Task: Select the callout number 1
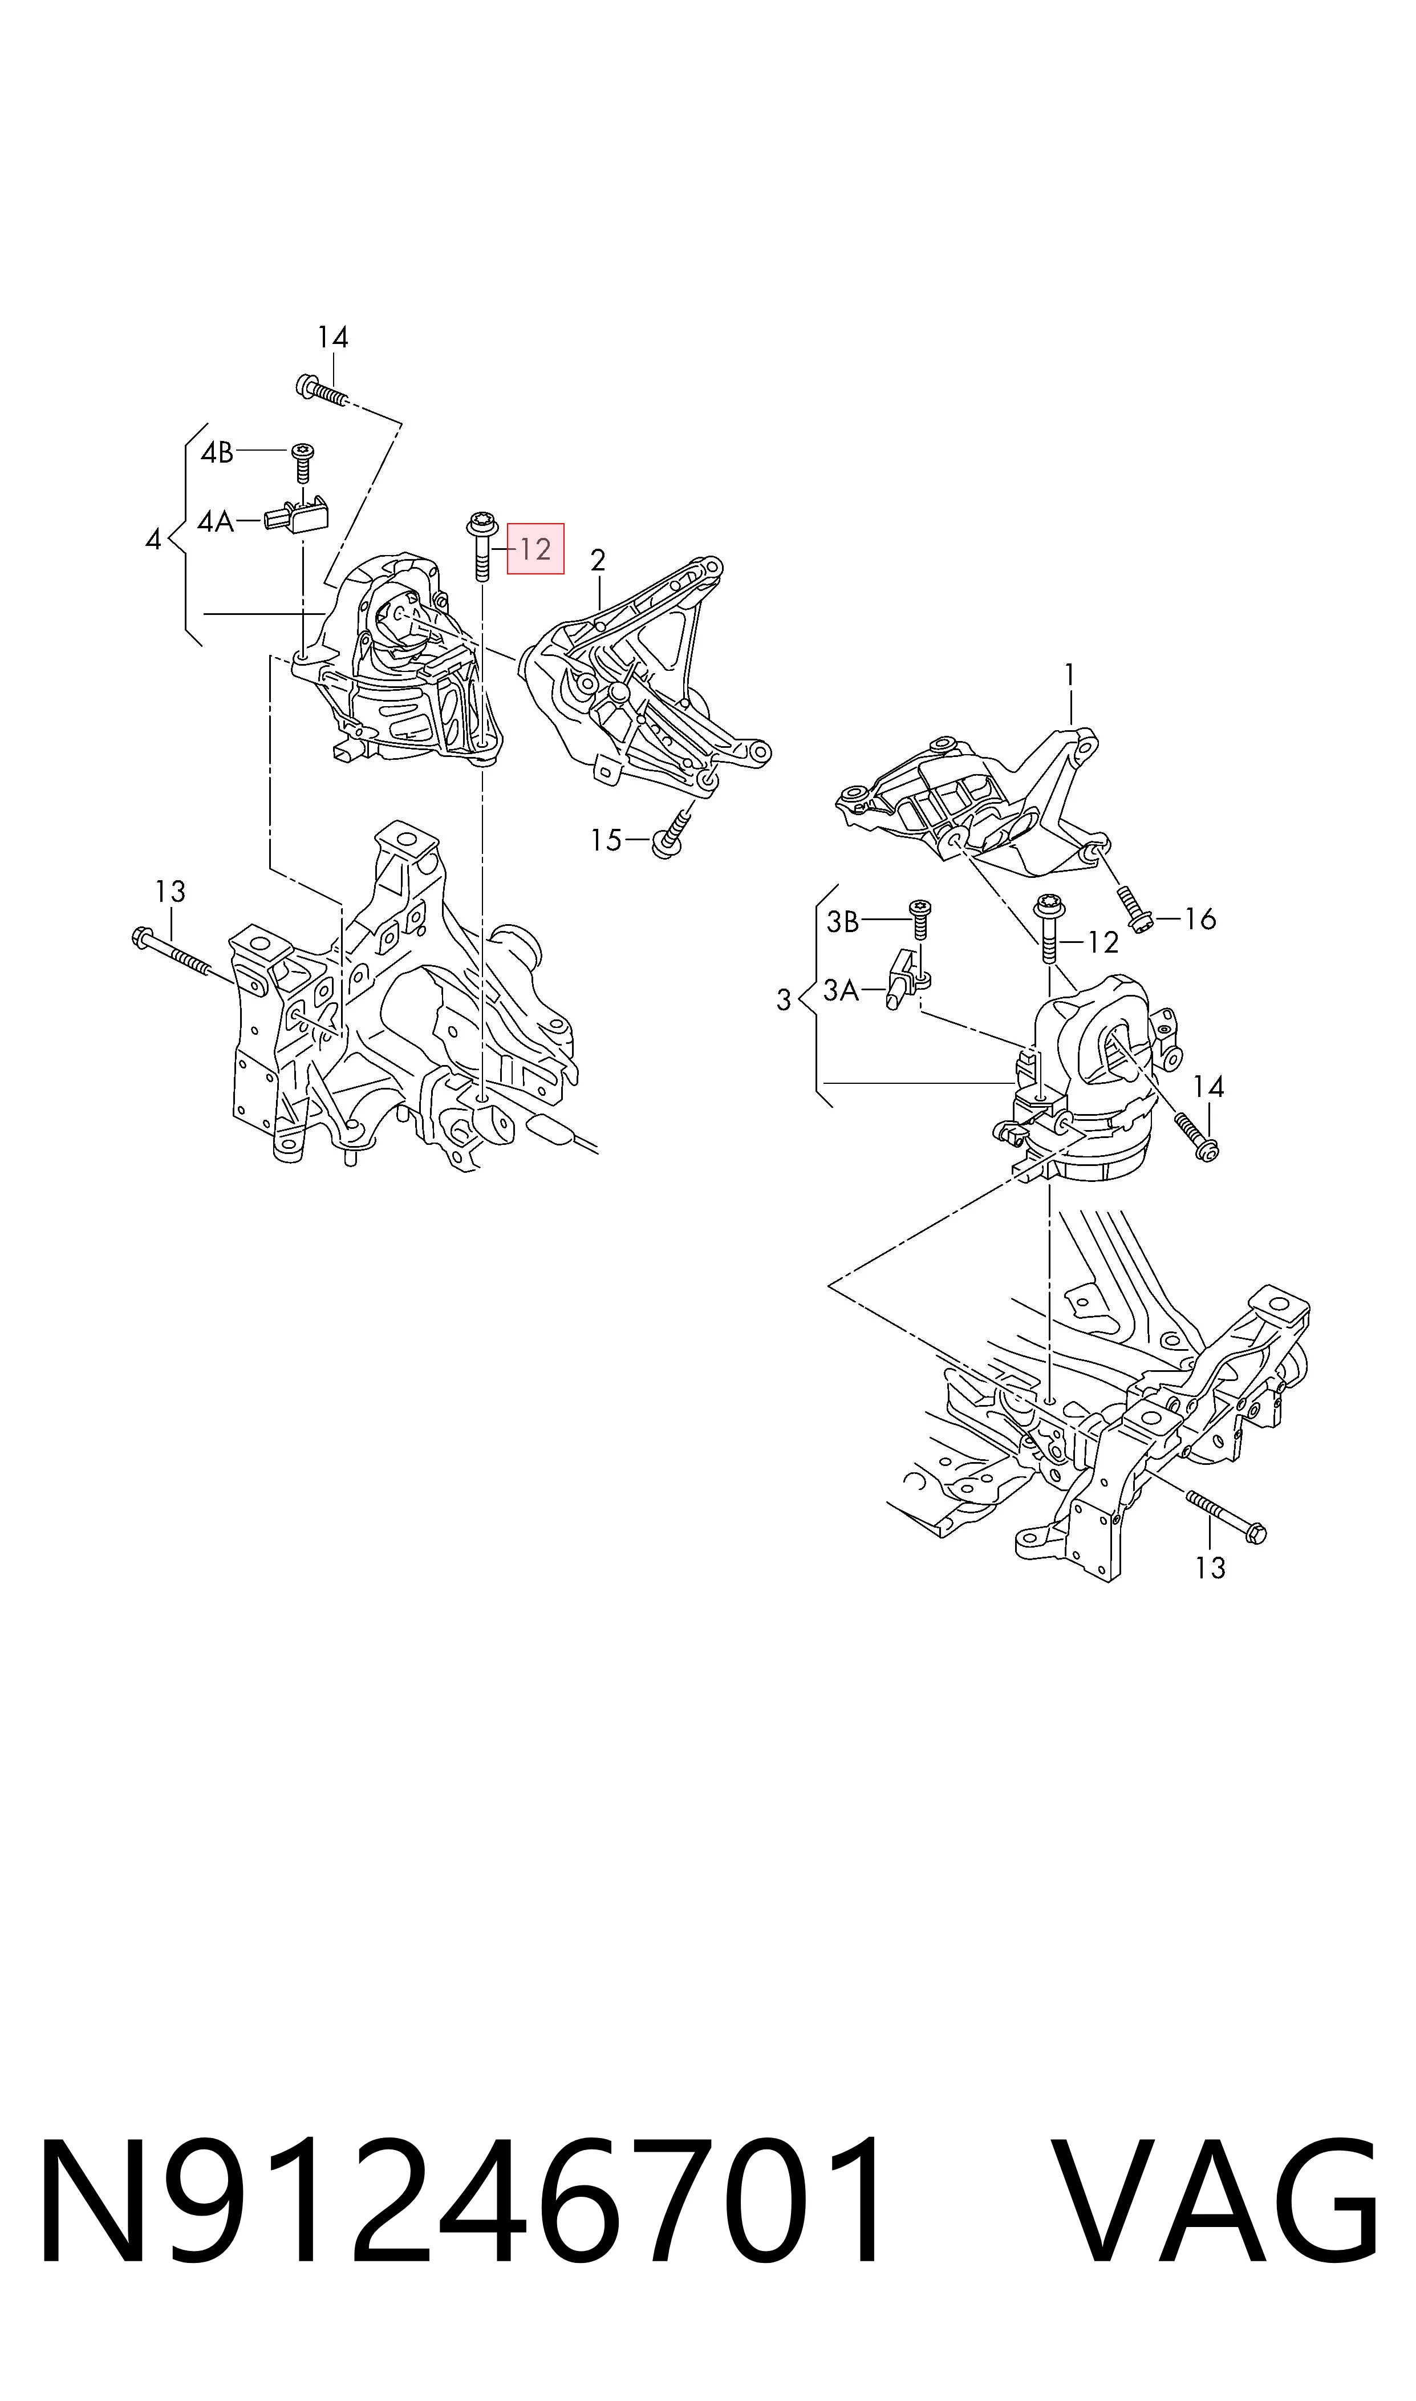tap(1070, 675)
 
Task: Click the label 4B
tap(217, 452)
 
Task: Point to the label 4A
tap(216, 522)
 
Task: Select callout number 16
tap(1200, 919)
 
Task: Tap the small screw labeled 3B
tap(921, 922)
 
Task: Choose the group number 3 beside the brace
tap(784, 1001)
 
